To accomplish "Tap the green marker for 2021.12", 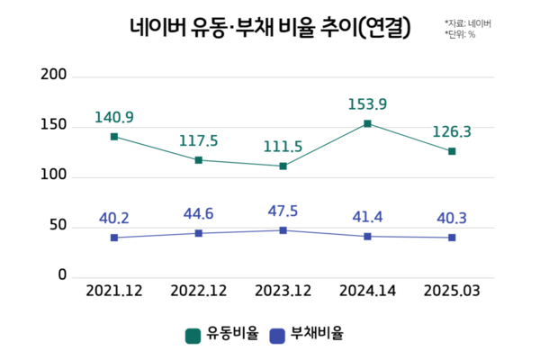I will [x=114, y=137].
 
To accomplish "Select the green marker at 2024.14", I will [x=367, y=123].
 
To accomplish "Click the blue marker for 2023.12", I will [x=283, y=230].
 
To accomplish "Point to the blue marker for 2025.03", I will [x=452, y=238].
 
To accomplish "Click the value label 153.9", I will [x=367, y=104].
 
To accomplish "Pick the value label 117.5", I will [x=198, y=141].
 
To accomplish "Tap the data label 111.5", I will [x=283, y=147].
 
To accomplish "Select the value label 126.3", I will [x=452, y=132].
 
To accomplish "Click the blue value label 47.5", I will [x=283, y=212].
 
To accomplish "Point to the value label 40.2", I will [x=114, y=219].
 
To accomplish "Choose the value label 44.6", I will [x=198, y=215].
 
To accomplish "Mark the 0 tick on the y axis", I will [x=63, y=275].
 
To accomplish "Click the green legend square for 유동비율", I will [x=193, y=336].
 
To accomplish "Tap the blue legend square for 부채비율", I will [x=277, y=336].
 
